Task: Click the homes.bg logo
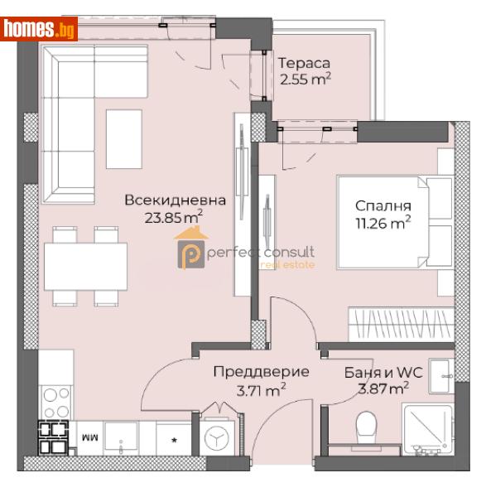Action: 40,29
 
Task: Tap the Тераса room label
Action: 304,63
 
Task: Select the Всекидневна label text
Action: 175,200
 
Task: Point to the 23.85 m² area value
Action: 174,218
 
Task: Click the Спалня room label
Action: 383,205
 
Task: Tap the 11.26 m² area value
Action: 383,223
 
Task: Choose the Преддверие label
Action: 261,372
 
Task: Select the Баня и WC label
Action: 383,372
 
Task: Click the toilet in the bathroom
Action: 365,429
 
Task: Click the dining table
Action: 85,266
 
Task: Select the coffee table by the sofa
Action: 123,138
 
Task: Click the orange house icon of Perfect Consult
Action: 191,251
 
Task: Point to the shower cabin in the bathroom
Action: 427,428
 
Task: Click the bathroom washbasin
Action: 440,370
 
